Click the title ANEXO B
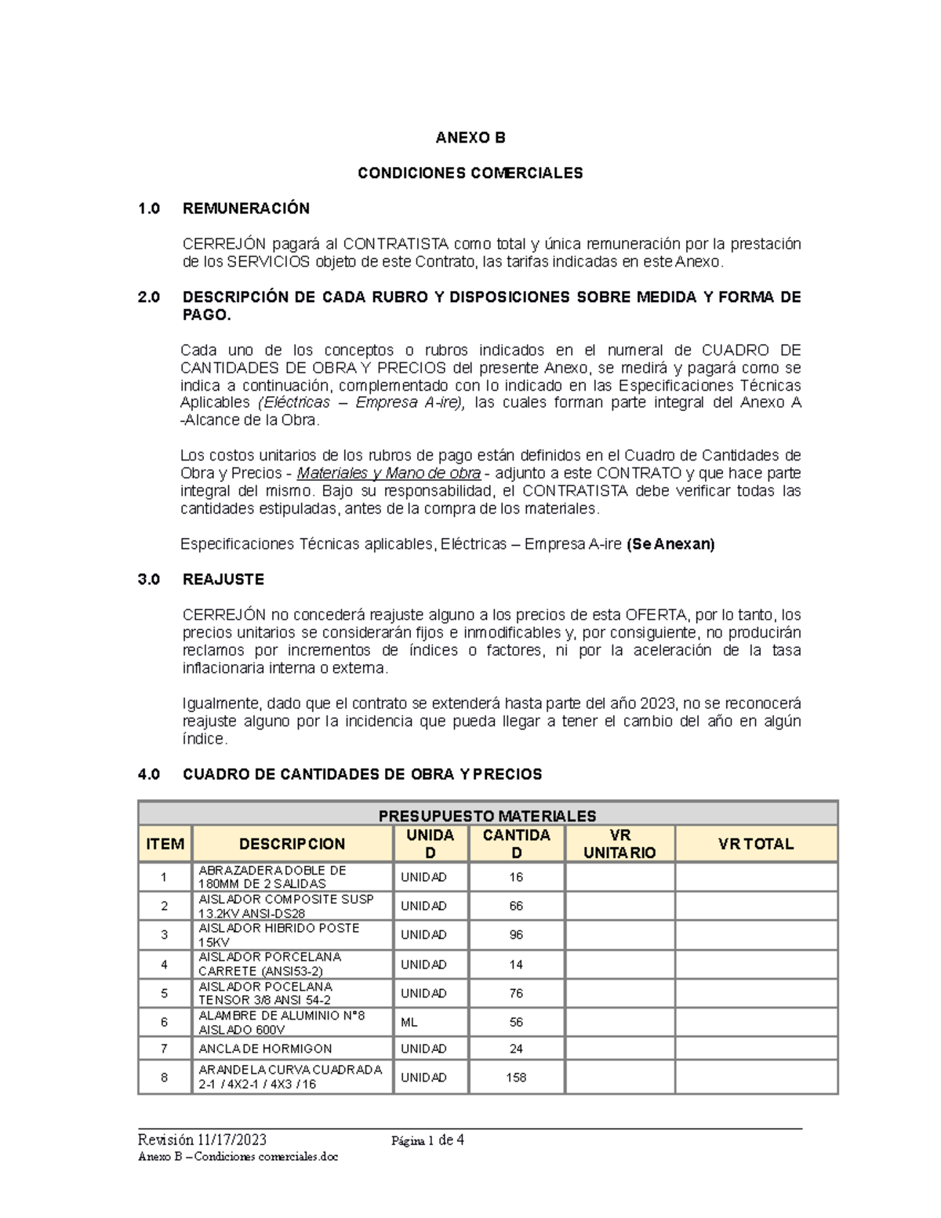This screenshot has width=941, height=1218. pos(470,138)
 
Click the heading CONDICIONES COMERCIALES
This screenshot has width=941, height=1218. pos(470,173)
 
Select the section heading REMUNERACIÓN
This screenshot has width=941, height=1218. pos(245,209)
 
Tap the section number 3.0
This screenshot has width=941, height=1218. pos(149,580)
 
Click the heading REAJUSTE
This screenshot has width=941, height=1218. pos(223,580)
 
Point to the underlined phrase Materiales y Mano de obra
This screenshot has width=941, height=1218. pos(389,474)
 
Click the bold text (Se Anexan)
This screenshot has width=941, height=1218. pos(670,544)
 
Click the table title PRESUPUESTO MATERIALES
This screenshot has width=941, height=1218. pos(487,816)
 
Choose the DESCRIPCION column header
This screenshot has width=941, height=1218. pos(292,844)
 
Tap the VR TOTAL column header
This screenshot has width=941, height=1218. pos(756,844)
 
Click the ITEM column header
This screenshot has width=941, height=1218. pos(165,844)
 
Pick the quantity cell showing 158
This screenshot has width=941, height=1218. pos(516,1078)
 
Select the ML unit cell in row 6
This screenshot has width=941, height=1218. pos(409,1023)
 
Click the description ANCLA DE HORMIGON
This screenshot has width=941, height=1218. pos(265,1049)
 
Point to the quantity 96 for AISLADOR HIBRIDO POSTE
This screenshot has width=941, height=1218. pos(516,935)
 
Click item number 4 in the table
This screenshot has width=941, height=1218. pos(164,965)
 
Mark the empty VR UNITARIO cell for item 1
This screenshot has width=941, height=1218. pos(619,877)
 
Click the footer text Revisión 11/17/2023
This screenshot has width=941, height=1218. pos(202,1140)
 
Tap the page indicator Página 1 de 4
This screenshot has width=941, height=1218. pos(428,1140)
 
